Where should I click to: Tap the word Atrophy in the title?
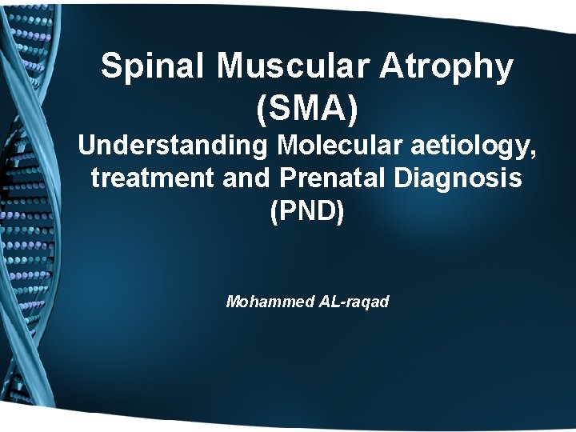[x=446, y=67]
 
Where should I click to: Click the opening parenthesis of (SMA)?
[x=262, y=109]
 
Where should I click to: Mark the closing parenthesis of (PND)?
[x=340, y=211]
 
